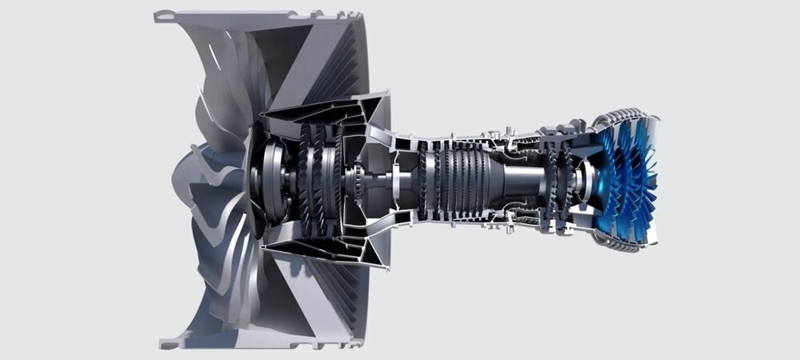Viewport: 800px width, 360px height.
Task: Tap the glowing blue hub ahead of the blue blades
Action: (x=596, y=180)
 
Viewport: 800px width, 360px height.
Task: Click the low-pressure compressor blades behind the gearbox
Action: (x=316, y=180)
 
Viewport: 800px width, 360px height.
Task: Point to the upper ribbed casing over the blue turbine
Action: (x=620, y=120)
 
